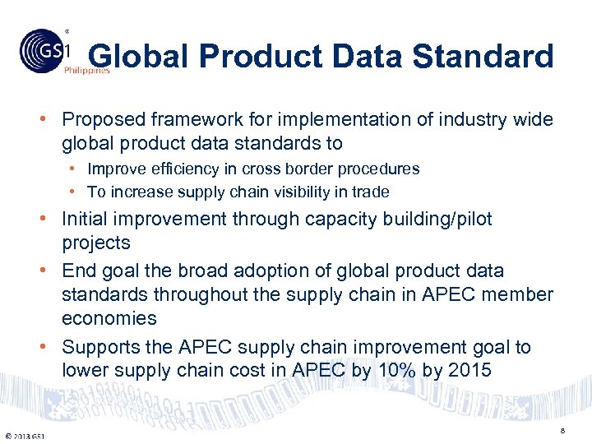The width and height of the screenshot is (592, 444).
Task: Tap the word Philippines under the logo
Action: click(x=87, y=72)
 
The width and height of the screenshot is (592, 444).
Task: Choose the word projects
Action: click(x=96, y=243)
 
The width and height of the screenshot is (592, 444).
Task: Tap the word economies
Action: click(x=109, y=318)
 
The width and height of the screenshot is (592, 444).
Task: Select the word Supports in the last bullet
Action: click(x=99, y=347)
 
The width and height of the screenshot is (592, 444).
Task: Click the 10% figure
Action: click(x=395, y=371)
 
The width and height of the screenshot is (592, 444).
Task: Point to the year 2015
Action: click(x=469, y=371)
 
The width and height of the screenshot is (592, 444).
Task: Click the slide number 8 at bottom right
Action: click(x=562, y=430)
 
